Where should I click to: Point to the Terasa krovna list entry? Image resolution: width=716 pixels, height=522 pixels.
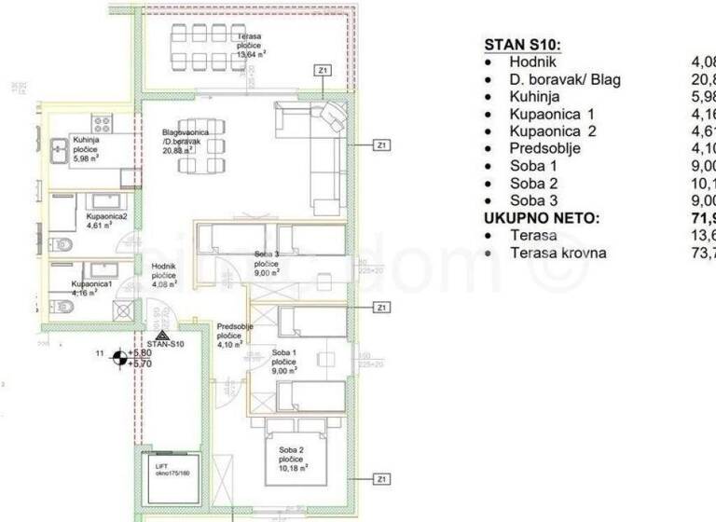pos(558,253)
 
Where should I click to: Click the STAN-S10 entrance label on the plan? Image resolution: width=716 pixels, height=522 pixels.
pos(165,343)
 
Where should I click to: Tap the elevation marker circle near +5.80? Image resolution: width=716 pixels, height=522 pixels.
pos(118,358)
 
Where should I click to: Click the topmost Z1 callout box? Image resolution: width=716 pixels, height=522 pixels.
pos(323,71)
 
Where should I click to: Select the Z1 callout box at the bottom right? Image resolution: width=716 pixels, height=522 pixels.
pos(380,479)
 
